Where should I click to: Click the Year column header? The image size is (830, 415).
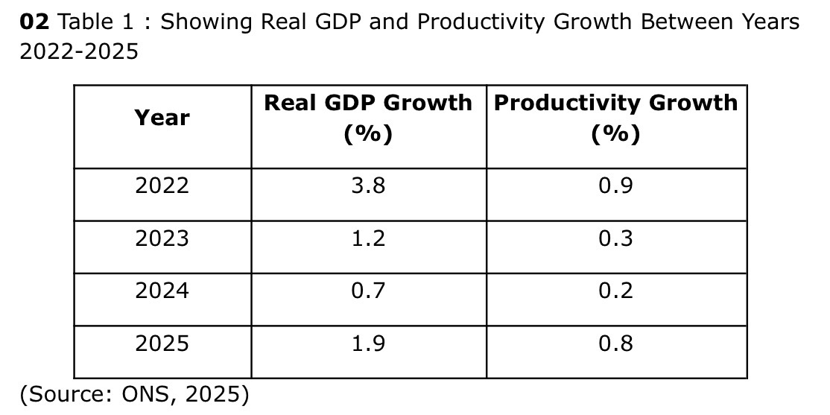coord(162,118)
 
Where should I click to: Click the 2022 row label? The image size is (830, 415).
coord(162,186)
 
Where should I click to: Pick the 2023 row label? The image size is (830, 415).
coord(162,238)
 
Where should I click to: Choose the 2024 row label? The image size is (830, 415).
coord(162,291)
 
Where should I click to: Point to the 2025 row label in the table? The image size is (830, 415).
coord(162,343)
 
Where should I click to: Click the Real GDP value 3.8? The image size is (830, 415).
coord(368,186)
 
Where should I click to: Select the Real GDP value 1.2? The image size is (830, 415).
coord(368,238)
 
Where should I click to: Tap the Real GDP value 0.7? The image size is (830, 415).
coord(368,291)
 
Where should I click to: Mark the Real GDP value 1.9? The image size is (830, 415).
coord(368,343)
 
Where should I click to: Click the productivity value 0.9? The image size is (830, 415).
coord(615,186)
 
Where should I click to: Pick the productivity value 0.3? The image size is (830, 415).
coord(615,238)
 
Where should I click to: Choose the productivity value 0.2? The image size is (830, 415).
coord(615,291)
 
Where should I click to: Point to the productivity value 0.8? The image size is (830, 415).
coord(615,343)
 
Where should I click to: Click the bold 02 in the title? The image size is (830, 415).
coord(34,22)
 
